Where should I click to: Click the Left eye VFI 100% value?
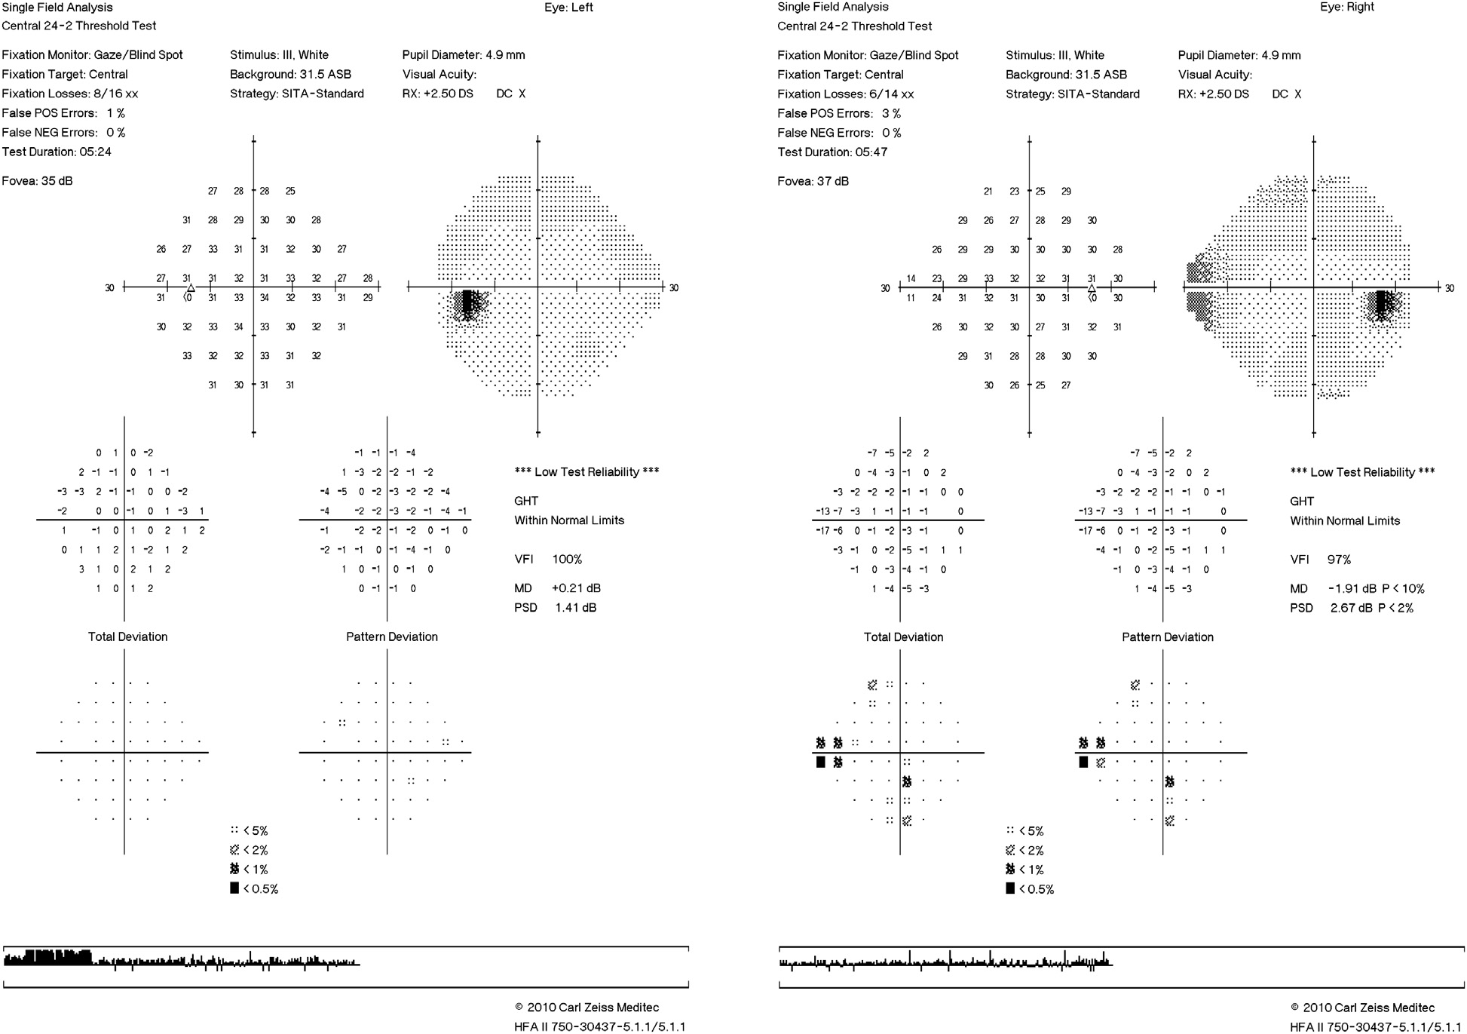pos(567,560)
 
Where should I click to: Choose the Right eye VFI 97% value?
pos(1339,560)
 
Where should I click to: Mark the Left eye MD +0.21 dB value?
pos(576,588)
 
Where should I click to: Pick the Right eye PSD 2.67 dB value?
pos(1351,608)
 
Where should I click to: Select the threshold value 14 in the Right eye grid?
pos(911,279)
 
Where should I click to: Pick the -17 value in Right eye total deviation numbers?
pos(822,531)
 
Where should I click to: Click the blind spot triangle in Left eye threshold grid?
pos(191,287)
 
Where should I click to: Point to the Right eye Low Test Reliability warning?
pos(1362,472)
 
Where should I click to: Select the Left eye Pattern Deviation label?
pos(392,637)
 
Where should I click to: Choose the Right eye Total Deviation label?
pos(903,637)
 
